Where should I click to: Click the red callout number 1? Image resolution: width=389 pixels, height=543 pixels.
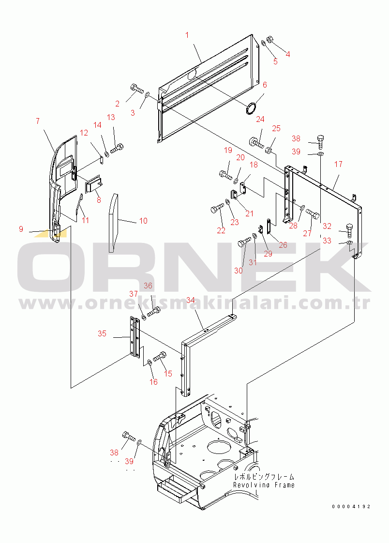[x=187, y=35]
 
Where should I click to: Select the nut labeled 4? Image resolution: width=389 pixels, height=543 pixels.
[x=270, y=39]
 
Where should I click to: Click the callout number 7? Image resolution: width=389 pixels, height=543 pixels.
[x=38, y=121]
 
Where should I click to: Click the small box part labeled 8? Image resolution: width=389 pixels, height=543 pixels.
[x=93, y=183]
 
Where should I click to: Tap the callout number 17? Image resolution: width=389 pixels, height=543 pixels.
[x=338, y=164]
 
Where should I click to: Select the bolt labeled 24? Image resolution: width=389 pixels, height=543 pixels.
[x=256, y=143]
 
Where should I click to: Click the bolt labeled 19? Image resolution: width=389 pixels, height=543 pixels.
[x=225, y=174]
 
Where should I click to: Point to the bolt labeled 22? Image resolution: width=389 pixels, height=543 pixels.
[x=217, y=209]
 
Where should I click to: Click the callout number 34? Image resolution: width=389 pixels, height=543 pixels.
[x=190, y=300]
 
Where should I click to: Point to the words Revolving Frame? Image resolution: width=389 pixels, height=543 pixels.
[x=264, y=485]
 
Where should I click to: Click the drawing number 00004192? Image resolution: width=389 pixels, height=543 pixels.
[x=351, y=506]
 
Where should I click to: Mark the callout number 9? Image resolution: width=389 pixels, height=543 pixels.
[x=21, y=229]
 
